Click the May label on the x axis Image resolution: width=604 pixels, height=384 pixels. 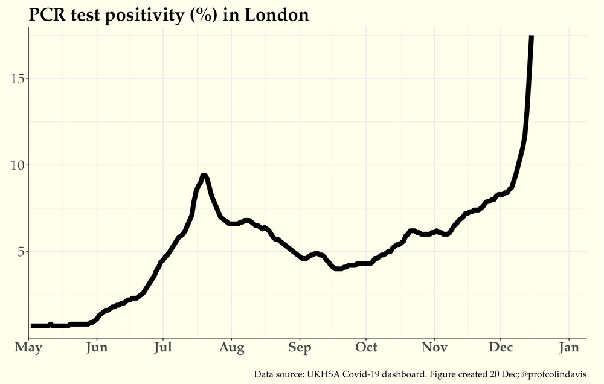click(x=28, y=348)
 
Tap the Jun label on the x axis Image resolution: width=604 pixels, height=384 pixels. click(x=97, y=348)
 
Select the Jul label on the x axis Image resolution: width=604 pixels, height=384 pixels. click(x=163, y=348)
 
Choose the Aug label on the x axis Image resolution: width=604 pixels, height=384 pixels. click(x=231, y=348)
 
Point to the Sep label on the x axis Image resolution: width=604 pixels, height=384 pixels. click(x=300, y=348)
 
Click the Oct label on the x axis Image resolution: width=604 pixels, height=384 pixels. click(x=365, y=348)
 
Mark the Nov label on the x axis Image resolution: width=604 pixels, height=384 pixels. click(x=434, y=348)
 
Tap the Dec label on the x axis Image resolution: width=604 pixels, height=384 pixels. click(x=500, y=348)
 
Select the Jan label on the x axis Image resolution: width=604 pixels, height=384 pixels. click(x=568, y=348)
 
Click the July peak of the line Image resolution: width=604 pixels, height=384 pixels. click(x=204, y=176)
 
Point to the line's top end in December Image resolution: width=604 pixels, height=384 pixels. click(x=532, y=37)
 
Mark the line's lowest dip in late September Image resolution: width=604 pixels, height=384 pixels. click(x=338, y=269)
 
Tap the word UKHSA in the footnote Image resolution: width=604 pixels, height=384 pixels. click(x=323, y=374)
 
